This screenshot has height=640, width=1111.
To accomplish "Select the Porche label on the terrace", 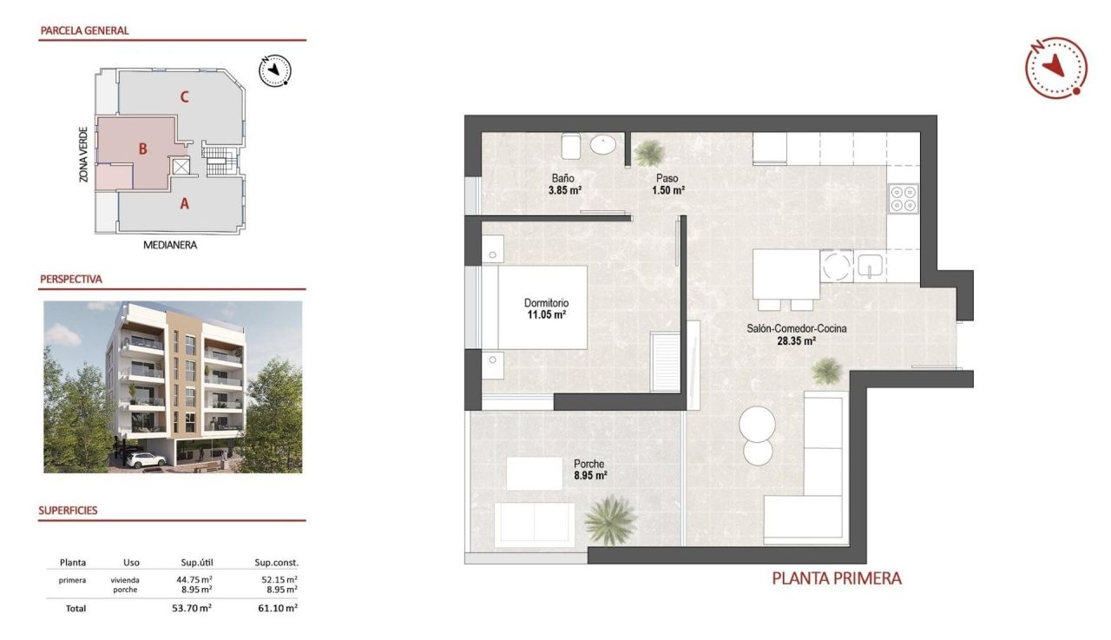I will pyautogui.click(x=589, y=464).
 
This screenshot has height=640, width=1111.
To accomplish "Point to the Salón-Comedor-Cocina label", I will pyautogui.click(x=796, y=329).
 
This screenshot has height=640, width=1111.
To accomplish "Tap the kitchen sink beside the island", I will pyautogui.click(x=870, y=267).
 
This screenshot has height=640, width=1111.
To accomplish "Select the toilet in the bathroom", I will pyautogui.click(x=571, y=145).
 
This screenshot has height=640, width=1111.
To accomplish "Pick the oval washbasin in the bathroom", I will pyautogui.click(x=605, y=144).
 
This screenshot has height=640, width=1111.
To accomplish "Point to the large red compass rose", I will pyautogui.click(x=1055, y=67).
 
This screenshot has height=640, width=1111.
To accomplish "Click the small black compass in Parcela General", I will pyautogui.click(x=276, y=69).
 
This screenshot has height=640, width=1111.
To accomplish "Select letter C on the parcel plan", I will pyautogui.click(x=184, y=96).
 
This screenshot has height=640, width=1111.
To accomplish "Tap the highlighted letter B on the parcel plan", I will pyautogui.click(x=142, y=148).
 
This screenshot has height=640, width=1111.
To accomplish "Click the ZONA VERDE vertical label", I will pyautogui.click(x=83, y=155).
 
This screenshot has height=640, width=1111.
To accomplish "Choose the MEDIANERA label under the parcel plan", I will pyautogui.click(x=170, y=245).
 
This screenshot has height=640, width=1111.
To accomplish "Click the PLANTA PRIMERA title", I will pyautogui.click(x=837, y=577).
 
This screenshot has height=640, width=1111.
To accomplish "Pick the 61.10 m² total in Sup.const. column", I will pyautogui.click(x=279, y=609).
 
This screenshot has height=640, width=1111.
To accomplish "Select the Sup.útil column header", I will pyautogui.click(x=193, y=563).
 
